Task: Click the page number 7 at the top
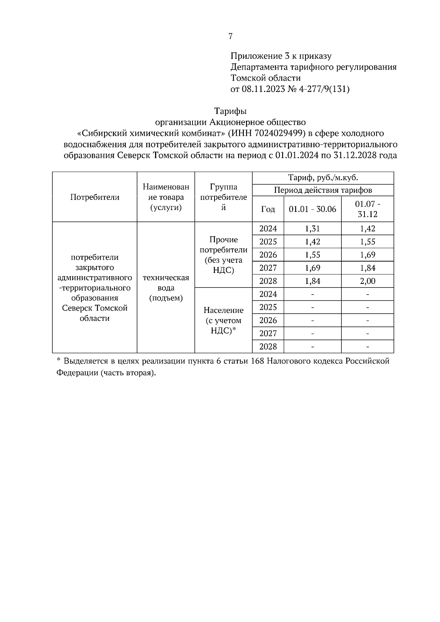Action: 230,36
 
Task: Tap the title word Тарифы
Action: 230,111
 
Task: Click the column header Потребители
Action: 95,197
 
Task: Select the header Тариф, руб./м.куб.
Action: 323,178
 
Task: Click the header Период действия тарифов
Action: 323,190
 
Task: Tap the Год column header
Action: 268,209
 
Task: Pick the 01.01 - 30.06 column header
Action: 312,209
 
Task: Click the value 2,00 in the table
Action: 367,281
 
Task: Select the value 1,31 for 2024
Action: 312,229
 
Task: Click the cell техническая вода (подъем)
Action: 166,288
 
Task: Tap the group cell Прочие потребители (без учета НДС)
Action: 223,255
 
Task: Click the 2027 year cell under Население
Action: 268,333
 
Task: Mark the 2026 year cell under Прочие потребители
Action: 268,255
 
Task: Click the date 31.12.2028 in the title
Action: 355,155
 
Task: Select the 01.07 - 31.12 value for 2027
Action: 367,268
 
